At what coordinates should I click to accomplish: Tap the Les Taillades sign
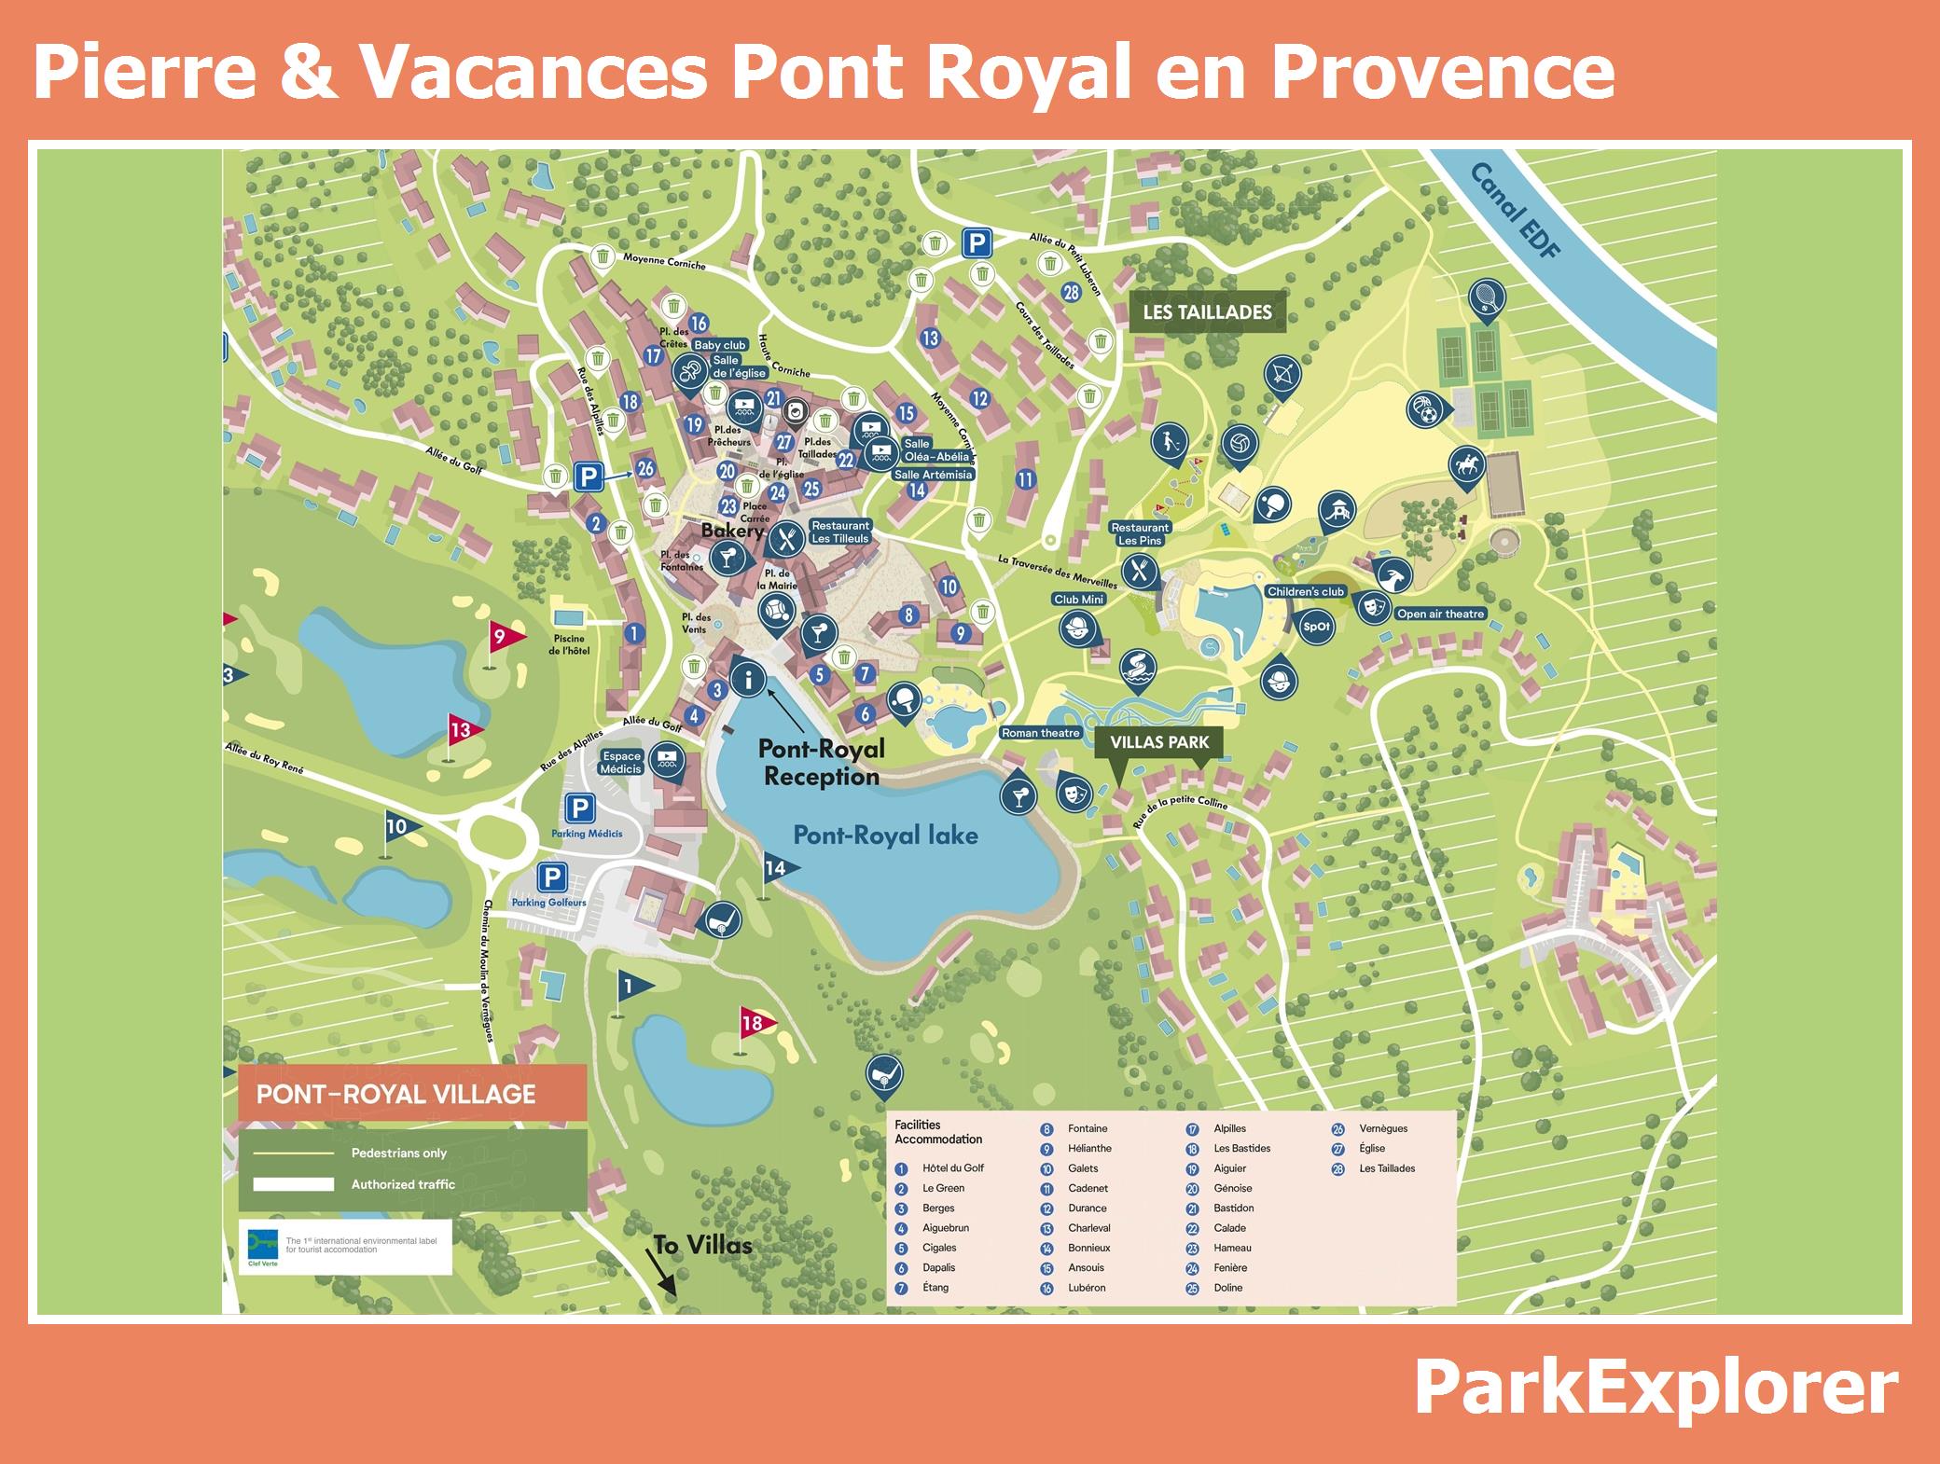[1207, 312]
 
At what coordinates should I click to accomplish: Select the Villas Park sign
[1159, 742]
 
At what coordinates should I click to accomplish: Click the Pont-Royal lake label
[885, 835]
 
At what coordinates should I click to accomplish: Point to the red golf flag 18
[754, 1023]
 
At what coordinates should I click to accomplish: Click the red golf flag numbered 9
[500, 637]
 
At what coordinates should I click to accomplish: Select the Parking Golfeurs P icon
[551, 877]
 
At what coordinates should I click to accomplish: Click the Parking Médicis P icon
[579, 808]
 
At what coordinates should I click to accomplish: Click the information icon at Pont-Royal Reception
[748, 679]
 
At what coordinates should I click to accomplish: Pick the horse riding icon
[1465, 463]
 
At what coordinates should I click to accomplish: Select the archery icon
[1282, 374]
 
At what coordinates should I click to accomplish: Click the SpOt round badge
[1316, 627]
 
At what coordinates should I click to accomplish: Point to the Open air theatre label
[1439, 615]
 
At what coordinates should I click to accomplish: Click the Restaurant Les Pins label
[1140, 534]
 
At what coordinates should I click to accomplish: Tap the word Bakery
[732, 531]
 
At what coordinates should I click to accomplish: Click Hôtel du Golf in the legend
[952, 1168]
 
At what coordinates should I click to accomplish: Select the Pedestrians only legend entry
[398, 1153]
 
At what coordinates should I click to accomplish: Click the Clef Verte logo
[262, 1247]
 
